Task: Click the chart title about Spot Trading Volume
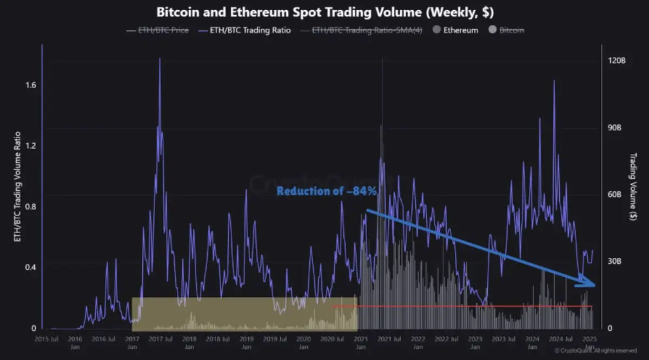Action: point(325,12)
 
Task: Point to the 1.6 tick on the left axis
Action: point(25,85)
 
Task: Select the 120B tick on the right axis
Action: point(617,61)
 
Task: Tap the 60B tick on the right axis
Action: point(617,195)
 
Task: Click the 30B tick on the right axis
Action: point(617,261)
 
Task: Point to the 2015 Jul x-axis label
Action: point(46,339)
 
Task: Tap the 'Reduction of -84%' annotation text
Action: point(327,191)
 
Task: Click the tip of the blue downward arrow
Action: point(594,285)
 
